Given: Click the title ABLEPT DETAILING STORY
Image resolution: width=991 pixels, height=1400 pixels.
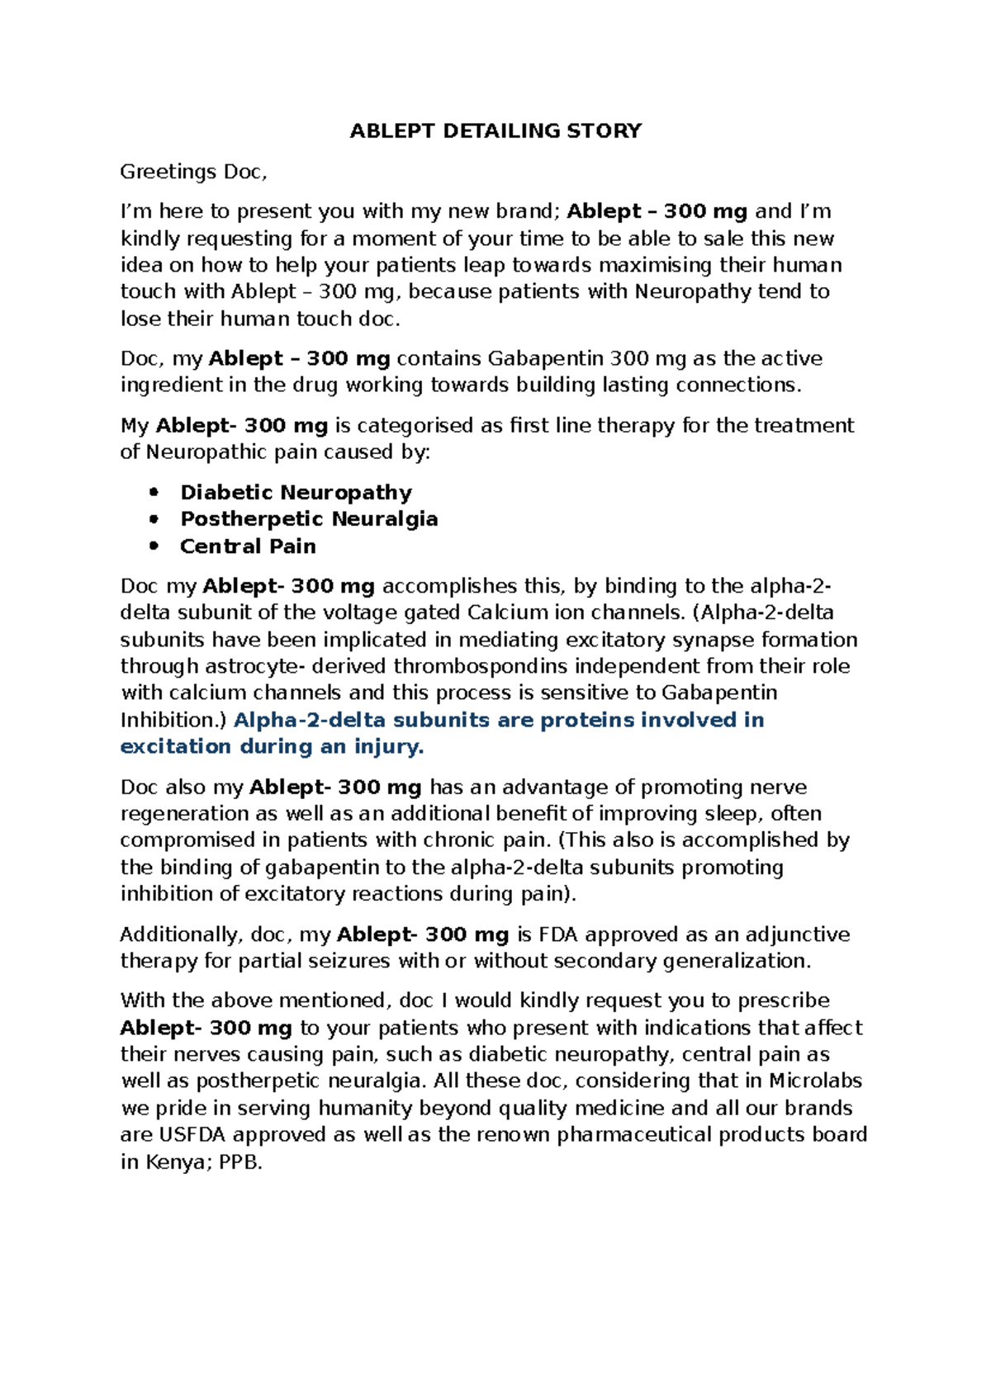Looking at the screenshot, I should tap(495, 131).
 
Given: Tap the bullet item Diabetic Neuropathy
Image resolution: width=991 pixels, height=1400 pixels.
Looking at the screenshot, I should tap(296, 493).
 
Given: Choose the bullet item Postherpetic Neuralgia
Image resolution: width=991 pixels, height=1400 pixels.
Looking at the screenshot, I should tap(309, 519).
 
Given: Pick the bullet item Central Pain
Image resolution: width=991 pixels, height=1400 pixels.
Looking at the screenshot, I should tap(248, 546).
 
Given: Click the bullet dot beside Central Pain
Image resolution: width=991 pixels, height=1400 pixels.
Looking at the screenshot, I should tap(153, 546).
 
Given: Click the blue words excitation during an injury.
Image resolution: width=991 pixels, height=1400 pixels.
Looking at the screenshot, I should tap(272, 747).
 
